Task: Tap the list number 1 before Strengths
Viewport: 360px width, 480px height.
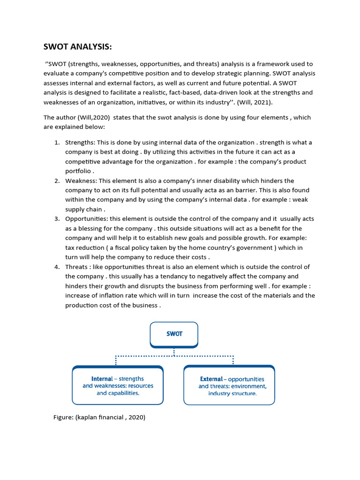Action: pos(56,142)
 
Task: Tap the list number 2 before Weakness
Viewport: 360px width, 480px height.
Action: pos(56,181)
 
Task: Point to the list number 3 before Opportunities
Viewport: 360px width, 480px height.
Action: pos(56,219)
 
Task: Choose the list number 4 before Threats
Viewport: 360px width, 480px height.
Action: pos(56,267)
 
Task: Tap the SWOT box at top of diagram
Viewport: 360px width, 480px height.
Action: pos(174,334)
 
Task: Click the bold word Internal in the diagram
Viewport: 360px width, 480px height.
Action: pos(102,379)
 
